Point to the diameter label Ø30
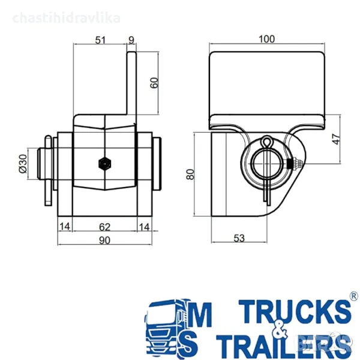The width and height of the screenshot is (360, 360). pyautogui.click(x=23, y=163)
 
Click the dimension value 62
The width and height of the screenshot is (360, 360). pyautogui.click(x=105, y=226)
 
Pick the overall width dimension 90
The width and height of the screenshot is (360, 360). pyautogui.click(x=104, y=240)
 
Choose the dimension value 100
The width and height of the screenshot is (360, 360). pyautogui.click(x=267, y=40)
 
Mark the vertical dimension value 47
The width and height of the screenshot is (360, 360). pyautogui.click(x=336, y=139)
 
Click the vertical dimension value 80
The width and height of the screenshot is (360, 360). pyautogui.click(x=191, y=175)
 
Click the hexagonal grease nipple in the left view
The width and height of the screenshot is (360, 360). pyautogui.click(x=105, y=163)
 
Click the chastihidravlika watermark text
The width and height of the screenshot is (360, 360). pyautogui.click(x=66, y=17)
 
